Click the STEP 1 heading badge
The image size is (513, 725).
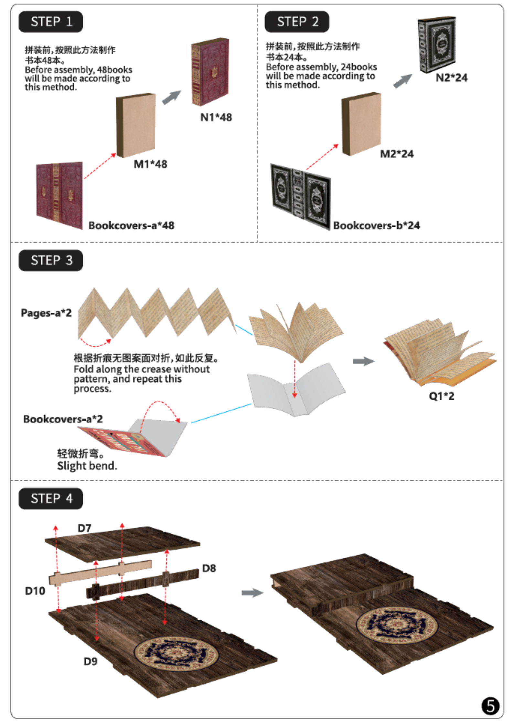pos(51,22)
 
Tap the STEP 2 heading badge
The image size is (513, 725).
pos(297,22)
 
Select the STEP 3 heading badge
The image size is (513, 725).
pos(51,260)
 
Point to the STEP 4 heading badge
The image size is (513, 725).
pos(51,499)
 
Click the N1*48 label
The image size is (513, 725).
pos(216,117)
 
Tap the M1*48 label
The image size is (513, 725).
pos(150,164)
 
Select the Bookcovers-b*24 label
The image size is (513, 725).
pos(376,225)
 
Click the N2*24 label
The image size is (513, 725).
pos(451,78)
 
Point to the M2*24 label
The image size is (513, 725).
pos(397,154)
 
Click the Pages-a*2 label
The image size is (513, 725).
pos(46,313)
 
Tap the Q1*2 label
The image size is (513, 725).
pos(441,396)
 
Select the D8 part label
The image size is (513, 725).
pos(209,568)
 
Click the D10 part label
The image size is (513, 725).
pos(35,591)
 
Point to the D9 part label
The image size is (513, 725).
pos(91,661)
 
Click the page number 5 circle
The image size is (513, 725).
pos(490,706)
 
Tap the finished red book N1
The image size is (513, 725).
pos(210,72)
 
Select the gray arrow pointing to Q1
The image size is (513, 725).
pos(363,361)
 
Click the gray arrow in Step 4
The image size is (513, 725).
pos(252,593)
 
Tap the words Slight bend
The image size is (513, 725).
pos(87,466)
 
